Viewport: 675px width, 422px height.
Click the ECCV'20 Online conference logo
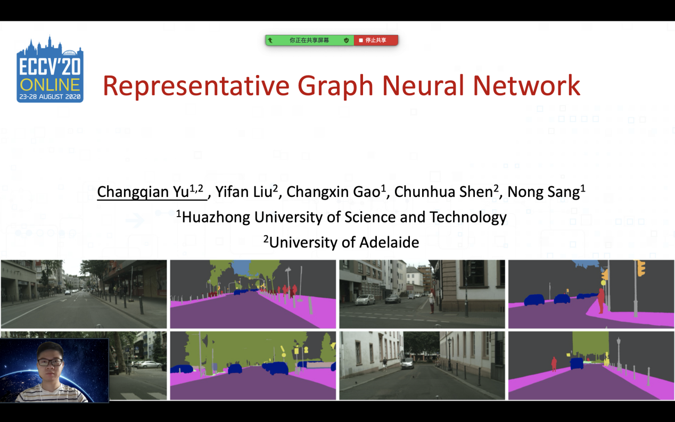(x=50, y=69)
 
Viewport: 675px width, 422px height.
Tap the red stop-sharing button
(x=376, y=40)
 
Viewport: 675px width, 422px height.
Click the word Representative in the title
(x=196, y=86)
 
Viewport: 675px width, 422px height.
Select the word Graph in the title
(x=335, y=87)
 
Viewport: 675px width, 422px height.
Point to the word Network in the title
(x=526, y=86)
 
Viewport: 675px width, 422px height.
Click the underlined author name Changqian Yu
(x=150, y=192)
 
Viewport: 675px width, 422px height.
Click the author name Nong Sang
(x=546, y=192)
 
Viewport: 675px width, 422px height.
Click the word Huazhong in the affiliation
(x=216, y=218)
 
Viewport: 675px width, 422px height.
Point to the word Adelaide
(x=389, y=243)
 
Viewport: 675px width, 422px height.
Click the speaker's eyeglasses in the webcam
(x=51, y=362)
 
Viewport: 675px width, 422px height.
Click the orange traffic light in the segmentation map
(x=641, y=268)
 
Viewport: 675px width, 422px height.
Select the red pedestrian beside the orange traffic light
(x=600, y=301)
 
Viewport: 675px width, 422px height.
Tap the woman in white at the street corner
(x=432, y=300)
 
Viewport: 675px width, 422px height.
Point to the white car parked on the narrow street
(x=407, y=363)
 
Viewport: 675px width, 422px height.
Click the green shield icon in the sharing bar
(x=346, y=40)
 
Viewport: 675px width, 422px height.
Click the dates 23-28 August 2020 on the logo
(x=50, y=97)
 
